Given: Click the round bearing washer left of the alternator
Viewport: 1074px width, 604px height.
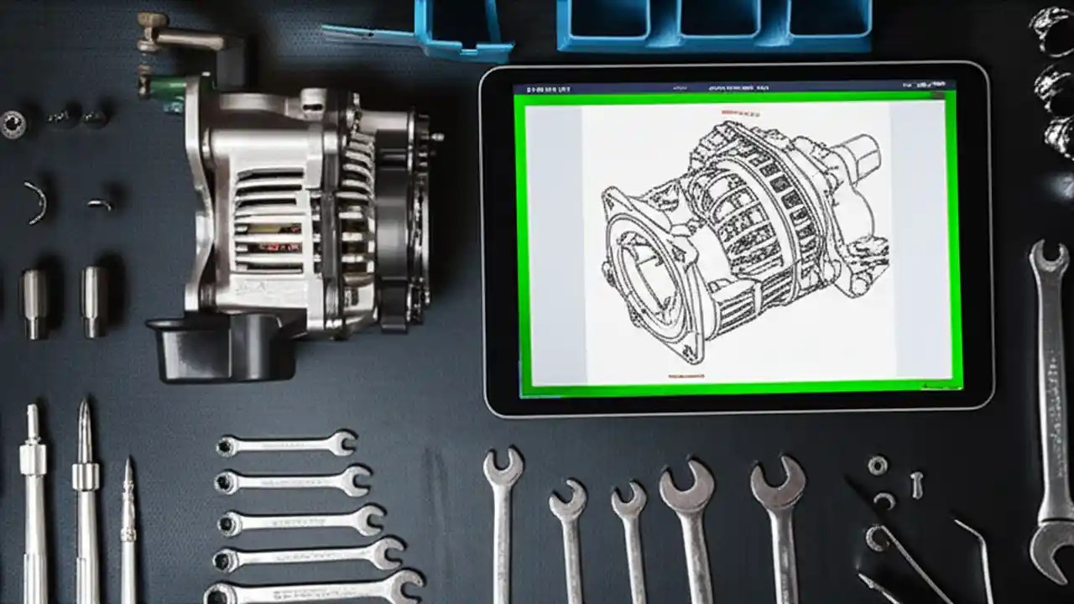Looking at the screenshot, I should point(13,124).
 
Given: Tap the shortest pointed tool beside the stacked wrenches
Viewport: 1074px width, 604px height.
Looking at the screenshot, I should point(128,520).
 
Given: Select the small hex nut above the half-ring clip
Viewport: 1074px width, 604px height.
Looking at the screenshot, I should point(878,465).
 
